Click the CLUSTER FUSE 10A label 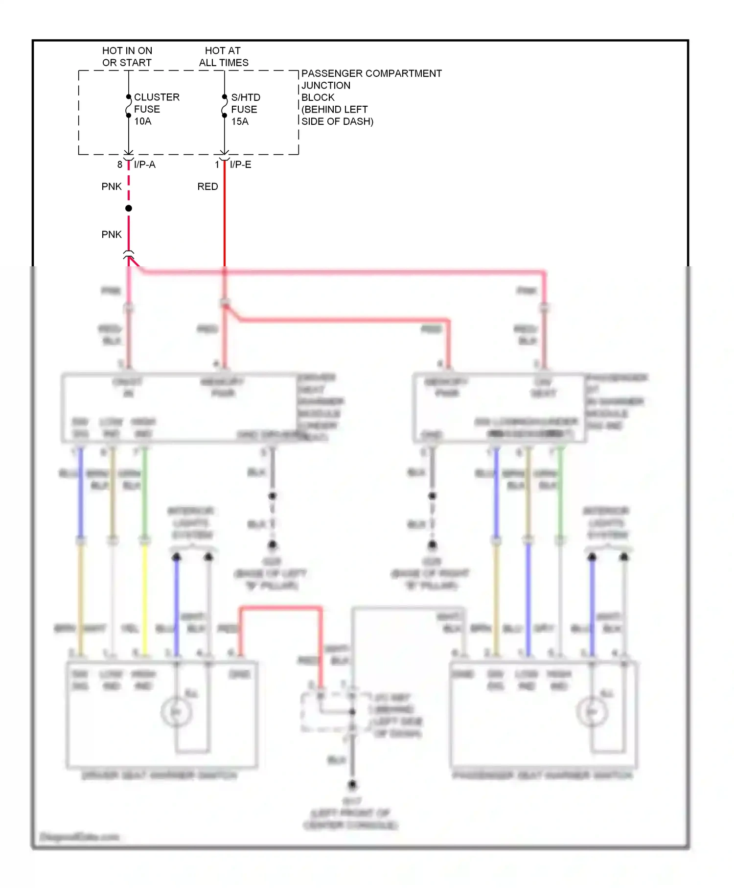tap(156, 109)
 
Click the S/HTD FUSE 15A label tap(245, 109)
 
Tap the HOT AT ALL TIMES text tap(223, 57)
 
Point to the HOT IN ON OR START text tap(127, 57)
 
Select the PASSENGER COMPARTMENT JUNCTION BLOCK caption tap(370, 97)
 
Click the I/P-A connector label tap(144, 165)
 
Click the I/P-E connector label tap(240, 165)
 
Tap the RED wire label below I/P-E tap(207, 187)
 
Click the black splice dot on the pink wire tap(129, 209)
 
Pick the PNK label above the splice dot tap(111, 187)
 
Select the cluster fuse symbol tap(128, 106)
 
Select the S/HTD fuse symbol tap(224, 106)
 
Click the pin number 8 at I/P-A tap(119, 165)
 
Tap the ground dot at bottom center tap(352, 785)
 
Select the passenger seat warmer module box tap(499, 408)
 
